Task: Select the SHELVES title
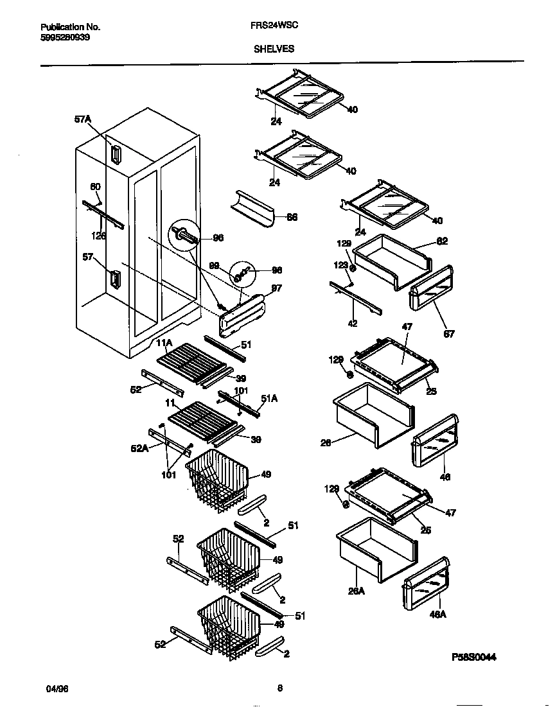pos(274,49)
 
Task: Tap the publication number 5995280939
pos(65,37)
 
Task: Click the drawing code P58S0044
pos(474,657)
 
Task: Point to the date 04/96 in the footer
pos(57,688)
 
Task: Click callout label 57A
pos(83,119)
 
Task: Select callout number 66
pos(291,218)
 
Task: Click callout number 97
pos(277,289)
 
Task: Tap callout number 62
pos(442,241)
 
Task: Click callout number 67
pos(449,334)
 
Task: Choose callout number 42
pos(353,324)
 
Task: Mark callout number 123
pos(340,265)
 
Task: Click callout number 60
pos(95,187)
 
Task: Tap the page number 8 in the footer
pos(279,688)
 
